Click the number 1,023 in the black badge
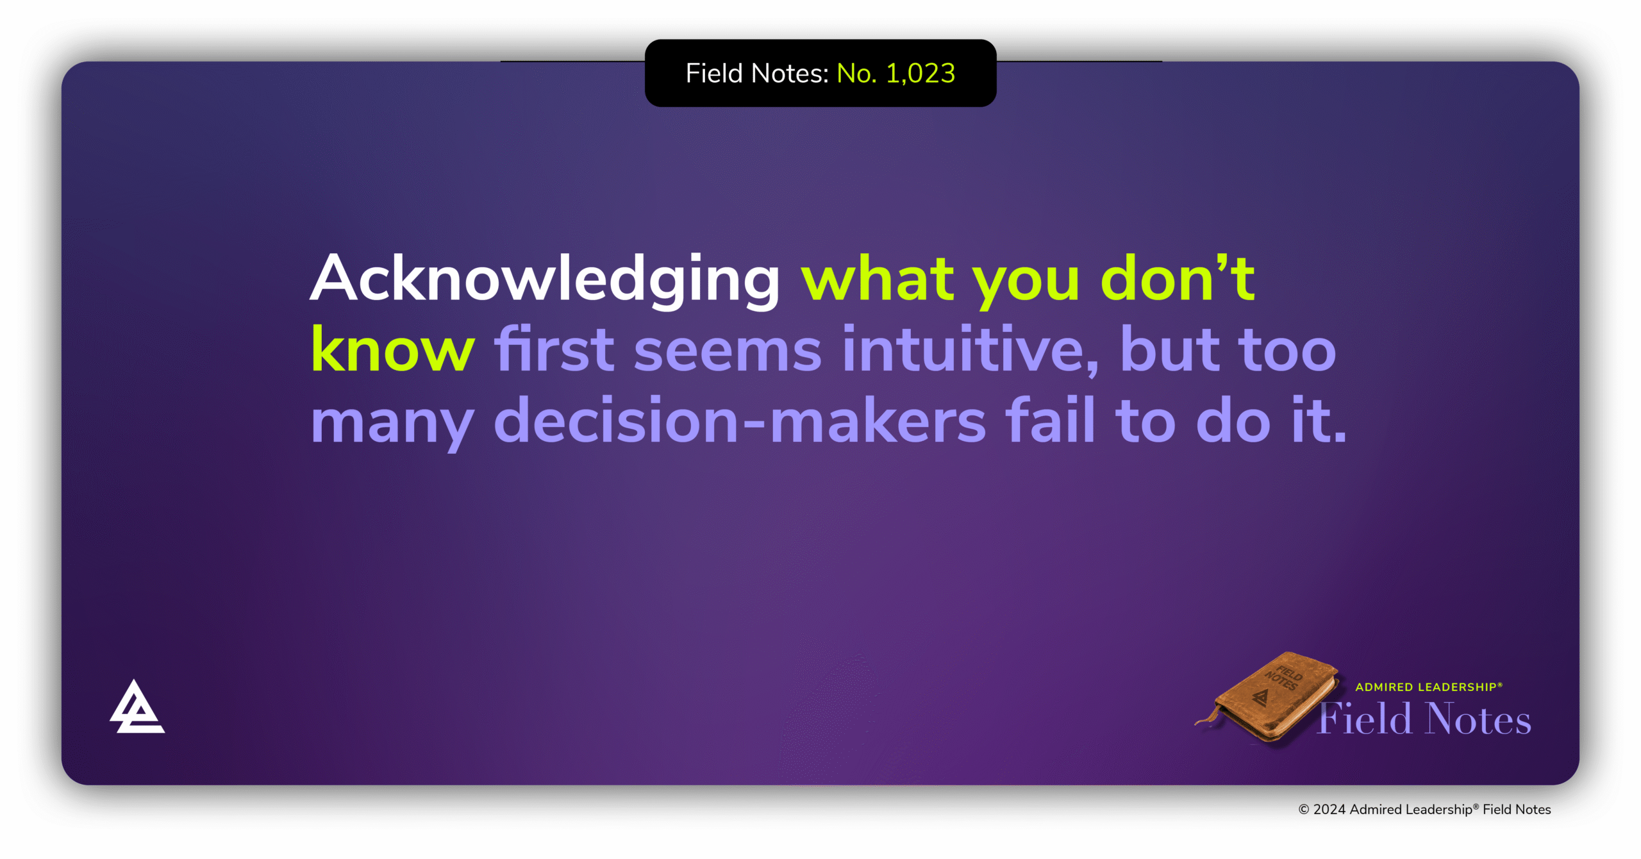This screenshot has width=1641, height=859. [x=920, y=74]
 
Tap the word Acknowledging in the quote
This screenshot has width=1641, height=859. [x=545, y=279]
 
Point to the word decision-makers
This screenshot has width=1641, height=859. [x=740, y=421]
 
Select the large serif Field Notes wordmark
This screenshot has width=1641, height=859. [x=1424, y=719]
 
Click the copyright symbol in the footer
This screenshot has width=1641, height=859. [x=1303, y=810]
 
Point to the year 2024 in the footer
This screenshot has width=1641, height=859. [x=1329, y=810]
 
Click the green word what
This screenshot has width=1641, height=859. [x=877, y=279]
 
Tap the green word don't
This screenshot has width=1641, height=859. [x=1177, y=279]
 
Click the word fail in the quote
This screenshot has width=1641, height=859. [x=1050, y=421]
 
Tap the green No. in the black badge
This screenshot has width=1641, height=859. [x=856, y=74]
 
